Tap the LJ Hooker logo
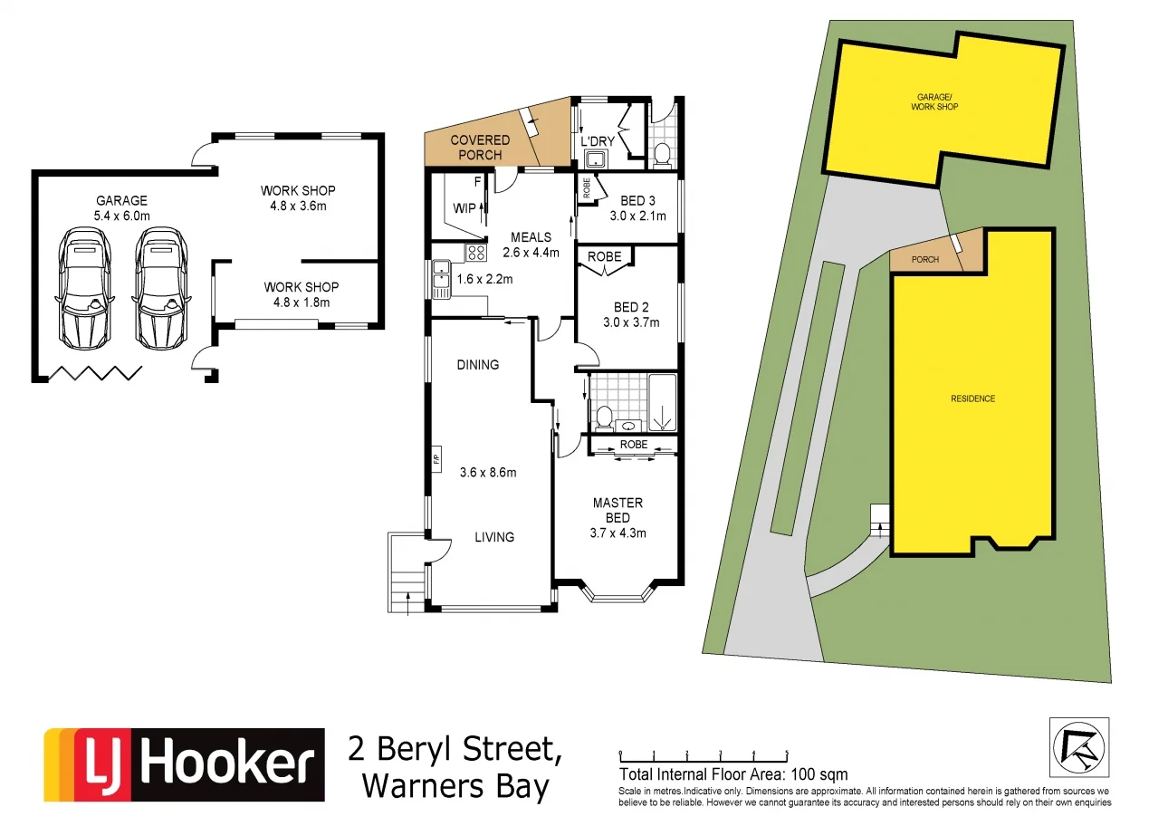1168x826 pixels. [185, 765]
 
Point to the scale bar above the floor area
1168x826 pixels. [704, 754]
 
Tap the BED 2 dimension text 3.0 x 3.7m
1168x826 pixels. [631, 322]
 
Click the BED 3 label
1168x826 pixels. [633, 200]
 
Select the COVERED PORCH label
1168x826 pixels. [480, 148]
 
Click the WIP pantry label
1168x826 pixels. [464, 208]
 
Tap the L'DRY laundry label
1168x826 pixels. [598, 141]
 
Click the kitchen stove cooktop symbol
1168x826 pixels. [476, 254]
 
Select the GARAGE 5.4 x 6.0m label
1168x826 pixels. [121, 208]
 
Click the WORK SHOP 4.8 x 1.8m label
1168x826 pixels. [299, 294]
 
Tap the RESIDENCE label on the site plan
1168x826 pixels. [972, 399]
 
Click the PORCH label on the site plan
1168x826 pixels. [924, 260]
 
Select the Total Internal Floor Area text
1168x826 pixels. [733, 774]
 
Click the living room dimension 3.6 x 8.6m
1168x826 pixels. [488, 472]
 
